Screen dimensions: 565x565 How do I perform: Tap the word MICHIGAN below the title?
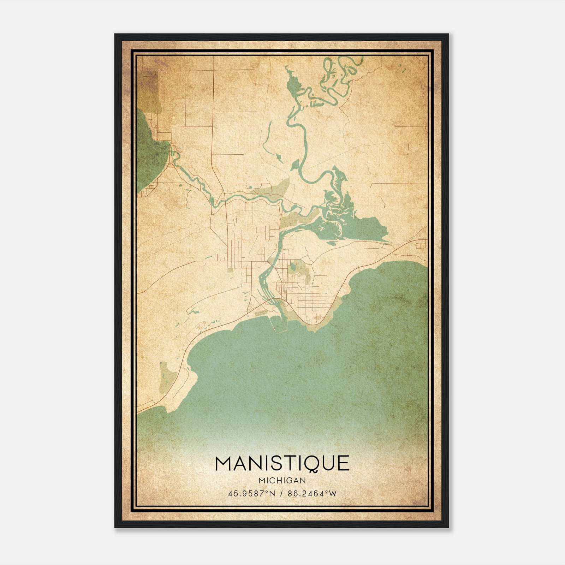[282, 480]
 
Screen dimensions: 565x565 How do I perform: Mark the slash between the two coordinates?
[281, 493]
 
